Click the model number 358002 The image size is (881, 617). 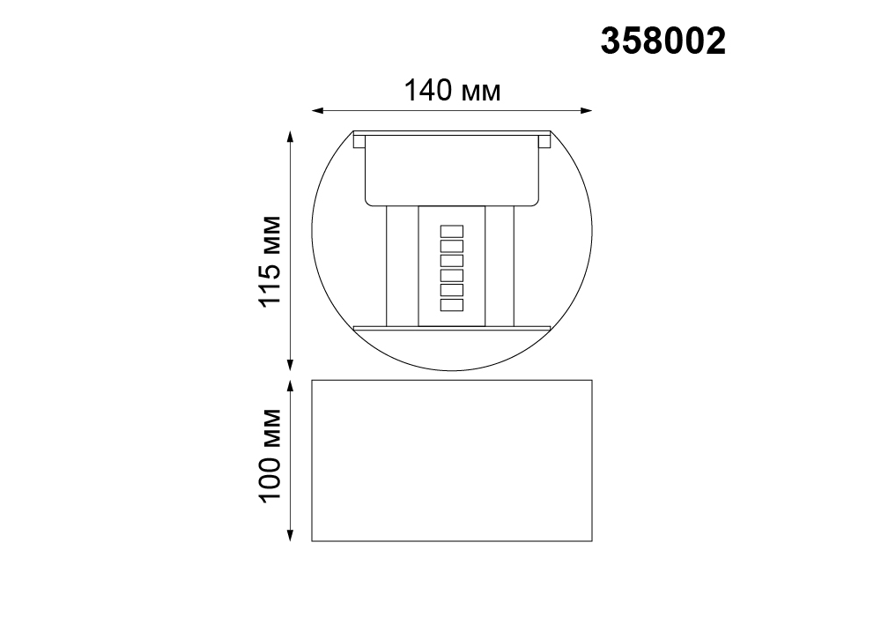tap(663, 41)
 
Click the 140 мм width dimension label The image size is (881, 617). tap(452, 90)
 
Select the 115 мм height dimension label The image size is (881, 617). tap(270, 261)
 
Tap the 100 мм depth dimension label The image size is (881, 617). tap(270, 456)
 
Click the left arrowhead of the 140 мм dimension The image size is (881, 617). tap(317, 111)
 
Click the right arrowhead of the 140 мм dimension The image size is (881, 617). tap(586, 111)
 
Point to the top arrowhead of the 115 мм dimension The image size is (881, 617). tap(290, 138)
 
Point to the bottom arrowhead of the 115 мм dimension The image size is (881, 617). tap(290, 365)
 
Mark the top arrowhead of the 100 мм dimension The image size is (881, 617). tap(290, 387)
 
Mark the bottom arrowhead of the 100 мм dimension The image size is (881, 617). tap(290, 535)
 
